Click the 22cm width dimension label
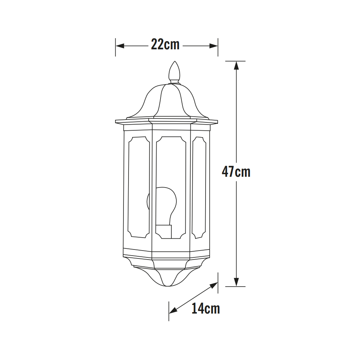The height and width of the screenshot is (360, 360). pos(165,44)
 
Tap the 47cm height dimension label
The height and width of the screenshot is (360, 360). pos(236,172)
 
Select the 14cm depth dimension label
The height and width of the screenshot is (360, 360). pos(206,309)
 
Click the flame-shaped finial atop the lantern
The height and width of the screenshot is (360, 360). pos(175,72)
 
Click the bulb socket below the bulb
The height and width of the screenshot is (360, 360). pos(164,231)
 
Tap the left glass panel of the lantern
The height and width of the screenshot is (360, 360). pos(139,187)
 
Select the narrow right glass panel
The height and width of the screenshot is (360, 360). pos(199,188)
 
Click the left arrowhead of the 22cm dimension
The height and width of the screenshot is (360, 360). pos(120,46)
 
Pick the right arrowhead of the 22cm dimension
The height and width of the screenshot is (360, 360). pos(213,46)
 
